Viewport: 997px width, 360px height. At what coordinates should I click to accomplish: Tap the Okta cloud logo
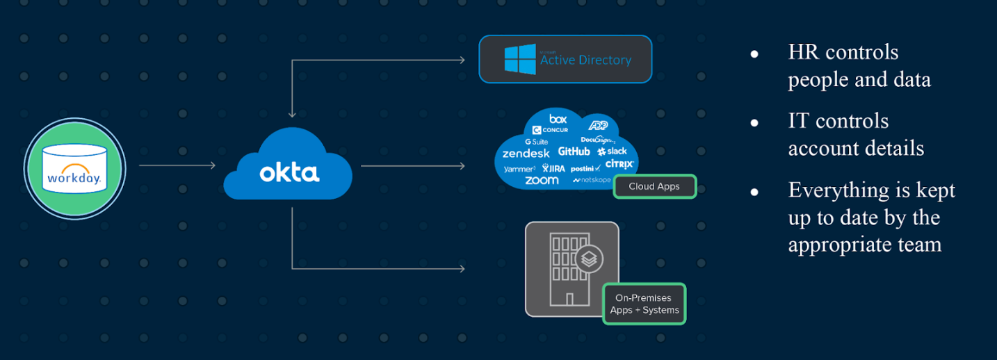[x=289, y=167]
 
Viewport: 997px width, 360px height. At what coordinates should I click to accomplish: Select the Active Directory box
[x=565, y=59]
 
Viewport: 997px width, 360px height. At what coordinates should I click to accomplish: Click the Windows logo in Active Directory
[x=520, y=59]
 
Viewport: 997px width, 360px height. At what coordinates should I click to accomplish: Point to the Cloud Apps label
[x=654, y=186]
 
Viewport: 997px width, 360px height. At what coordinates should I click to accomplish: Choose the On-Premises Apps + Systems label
[x=645, y=304]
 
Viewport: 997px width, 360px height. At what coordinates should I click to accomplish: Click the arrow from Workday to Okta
[x=177, y=165]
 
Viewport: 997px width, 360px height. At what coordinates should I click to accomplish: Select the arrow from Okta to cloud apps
[x=413, y=165]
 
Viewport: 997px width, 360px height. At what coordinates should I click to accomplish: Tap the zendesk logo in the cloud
[x=526, y=153]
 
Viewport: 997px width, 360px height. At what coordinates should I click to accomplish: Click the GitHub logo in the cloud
[x=574, y=152]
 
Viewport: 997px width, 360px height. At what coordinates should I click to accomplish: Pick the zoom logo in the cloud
[x=542, y=180]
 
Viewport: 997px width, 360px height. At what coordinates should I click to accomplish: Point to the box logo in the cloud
[x=558, y=119]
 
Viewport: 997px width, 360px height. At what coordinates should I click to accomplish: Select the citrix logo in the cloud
[x=619, y=164]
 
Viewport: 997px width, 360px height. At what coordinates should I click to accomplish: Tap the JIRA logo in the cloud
[x=553, y=168]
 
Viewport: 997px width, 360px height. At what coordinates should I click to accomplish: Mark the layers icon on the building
[x=588, y=260]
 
